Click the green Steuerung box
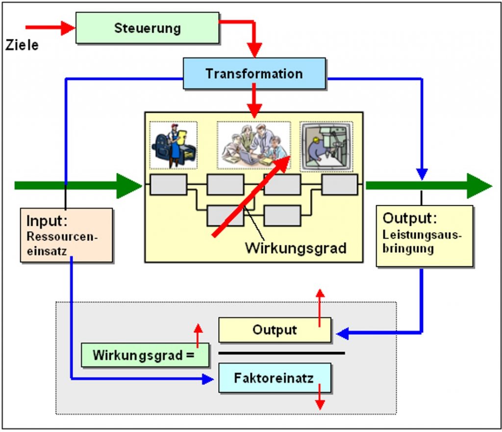[147, 28]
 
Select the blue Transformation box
[254, 73]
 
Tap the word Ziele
[22, 45]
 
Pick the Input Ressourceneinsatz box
[67, 235]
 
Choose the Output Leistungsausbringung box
[425, 236]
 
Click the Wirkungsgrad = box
[145, 355]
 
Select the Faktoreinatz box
[275, 378]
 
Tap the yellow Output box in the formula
[275, 330]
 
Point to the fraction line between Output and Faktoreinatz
[282, 353]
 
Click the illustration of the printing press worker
[174, 145]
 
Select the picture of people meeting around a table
[254, 145]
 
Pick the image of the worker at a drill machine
[326, 146]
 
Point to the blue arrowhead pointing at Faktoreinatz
[208, 379]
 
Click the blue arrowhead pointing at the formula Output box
[342, 334]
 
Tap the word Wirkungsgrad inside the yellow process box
[296, 248]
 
